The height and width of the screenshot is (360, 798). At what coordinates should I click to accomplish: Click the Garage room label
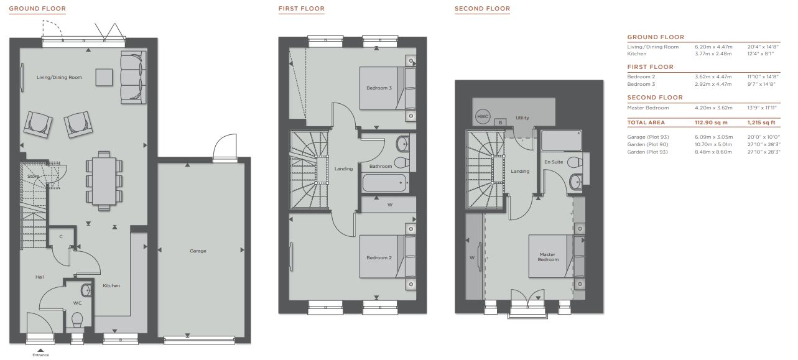click(x=198, y=251)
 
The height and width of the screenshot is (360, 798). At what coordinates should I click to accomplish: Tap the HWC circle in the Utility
click(x=483, y=116)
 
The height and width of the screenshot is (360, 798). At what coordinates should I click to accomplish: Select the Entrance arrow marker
click(x=40, y=351)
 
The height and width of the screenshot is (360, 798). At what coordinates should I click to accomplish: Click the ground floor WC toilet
click(x=77, y=319)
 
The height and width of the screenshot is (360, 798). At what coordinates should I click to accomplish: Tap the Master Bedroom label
click(x=548, y=257)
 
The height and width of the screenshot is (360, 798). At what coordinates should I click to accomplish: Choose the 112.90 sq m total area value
click(x=711, y=122)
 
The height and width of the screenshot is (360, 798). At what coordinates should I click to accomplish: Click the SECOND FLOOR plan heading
click(x=483, y=9)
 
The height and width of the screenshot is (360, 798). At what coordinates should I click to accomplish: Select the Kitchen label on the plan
click(x=111, y=285)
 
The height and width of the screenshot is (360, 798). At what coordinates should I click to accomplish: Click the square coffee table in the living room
click(x=104, y=77)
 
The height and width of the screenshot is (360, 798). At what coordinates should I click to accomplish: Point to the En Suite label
click(x=554, y=162)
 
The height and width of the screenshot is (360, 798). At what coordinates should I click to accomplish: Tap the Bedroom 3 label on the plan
click(x=379, y=88)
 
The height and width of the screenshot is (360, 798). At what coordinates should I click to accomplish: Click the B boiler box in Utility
click(x=501, y=122)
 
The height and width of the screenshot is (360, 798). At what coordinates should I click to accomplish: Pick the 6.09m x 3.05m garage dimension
click(x=714, y=137)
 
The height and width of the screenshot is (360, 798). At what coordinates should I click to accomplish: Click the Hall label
click(x=40, y=277)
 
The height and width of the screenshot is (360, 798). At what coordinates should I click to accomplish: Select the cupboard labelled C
click(x=61, y=236)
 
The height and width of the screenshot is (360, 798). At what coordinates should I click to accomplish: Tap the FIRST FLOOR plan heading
click(x=302, y=9)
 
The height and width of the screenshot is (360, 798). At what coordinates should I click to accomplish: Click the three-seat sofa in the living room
click(x=133, y=77)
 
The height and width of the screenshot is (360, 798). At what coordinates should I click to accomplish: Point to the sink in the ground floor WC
click(x=86, y=290)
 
